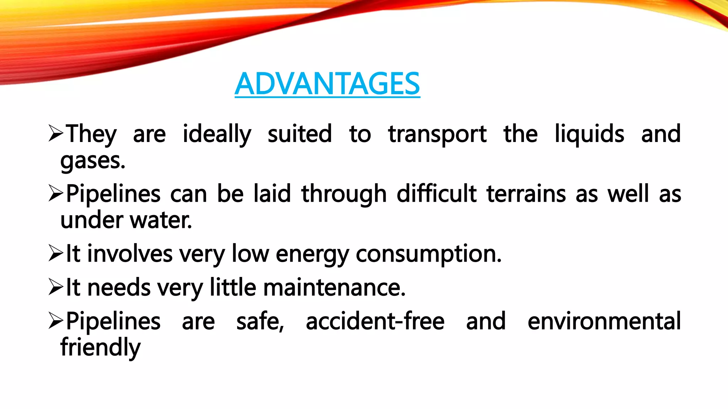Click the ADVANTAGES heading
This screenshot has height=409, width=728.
pos(327,84)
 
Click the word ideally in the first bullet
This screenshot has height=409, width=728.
pos(217,134)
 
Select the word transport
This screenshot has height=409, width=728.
pos(437,134)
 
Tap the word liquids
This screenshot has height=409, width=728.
pos(589,134)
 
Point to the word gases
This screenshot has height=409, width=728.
pos(93,161)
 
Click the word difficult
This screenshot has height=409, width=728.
pos(437,194)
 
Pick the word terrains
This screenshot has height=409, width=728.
pos(526,194)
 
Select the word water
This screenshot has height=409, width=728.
pos(161,220)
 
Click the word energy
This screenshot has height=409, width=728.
pos(312,254)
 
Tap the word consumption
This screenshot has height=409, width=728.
pos(429,254)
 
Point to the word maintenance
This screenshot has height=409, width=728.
pos(334,287)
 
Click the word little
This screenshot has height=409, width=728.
pos(233,287)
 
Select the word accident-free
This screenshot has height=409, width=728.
pos(375,321)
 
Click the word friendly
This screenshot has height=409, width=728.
pos(101,347)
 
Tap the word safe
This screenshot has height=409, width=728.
pos(260,321)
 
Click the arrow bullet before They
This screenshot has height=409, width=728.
pos(56,134)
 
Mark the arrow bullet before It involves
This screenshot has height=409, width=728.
pos(56,253)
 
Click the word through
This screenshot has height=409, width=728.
pos(344,194)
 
